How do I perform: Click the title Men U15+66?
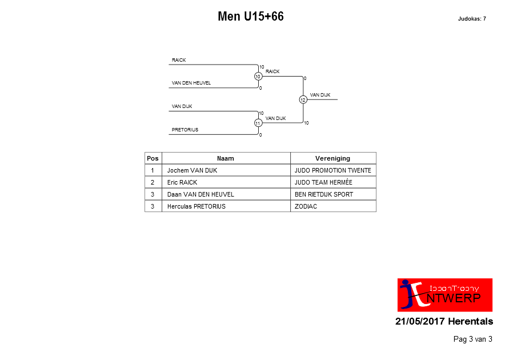(x=251, y=16)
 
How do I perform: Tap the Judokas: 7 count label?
(x=472, y=19)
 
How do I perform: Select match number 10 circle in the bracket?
(x=258, y=77)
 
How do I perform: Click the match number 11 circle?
(x=258, y=123)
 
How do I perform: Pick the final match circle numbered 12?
(x=303, y=99)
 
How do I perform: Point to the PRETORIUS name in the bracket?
(x=185, y=130)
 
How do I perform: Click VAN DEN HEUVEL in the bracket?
(x=191, y=83)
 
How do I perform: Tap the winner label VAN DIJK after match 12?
(x=320, y=95)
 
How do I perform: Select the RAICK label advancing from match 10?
(x=272, y=71)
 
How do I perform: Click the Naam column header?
(x=226, y=158)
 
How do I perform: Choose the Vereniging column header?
(x=332, y=158)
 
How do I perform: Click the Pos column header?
(x=153, y=158)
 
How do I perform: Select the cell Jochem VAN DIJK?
(x=192, y=170)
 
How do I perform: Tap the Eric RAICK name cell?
(x=182, y=182)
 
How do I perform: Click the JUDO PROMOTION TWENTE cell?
(x=332, y=170)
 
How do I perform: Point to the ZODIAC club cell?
(x=306, y=206)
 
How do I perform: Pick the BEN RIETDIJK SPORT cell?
(x=324, y=194)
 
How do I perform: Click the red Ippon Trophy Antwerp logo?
(x=445, y=295)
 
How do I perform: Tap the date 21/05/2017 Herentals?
(x=444, y=321)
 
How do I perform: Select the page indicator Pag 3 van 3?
(x=473, y=339)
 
